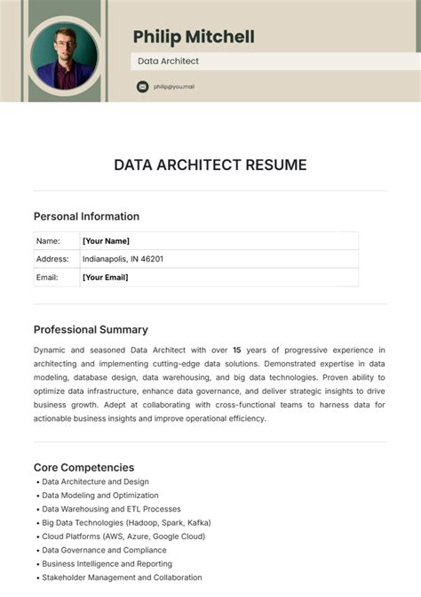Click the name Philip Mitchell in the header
[x=194, y=36]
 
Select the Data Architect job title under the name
[x=168, y=61]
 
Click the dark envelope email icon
[x=142, y=86]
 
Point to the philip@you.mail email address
[x=173, y=86]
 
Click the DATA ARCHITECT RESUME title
[x=210, y=165]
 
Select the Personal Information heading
[x=86, y=216]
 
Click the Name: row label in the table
[x=48, y=241]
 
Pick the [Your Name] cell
[x=106, y=241]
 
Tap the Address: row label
[x=52, y=259]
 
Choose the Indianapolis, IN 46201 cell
[x=123, y=259]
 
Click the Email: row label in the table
[x=48, y=278]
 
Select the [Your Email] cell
[x=106, y=278]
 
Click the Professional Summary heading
[x=91, y=329]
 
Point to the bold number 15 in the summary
[x=237, y=350]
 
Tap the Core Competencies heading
[x=83, y=467]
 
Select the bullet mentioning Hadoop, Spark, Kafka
[x=126, y=523]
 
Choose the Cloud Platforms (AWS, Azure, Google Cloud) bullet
[x=123, y=536]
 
